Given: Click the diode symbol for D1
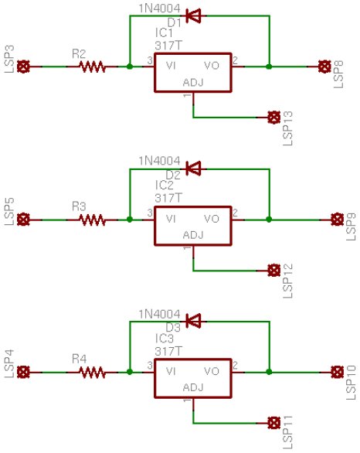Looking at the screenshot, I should click(x=194, y=15).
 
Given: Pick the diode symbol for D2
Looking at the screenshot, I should click(x=194, y=167).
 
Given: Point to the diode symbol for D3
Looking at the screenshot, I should click(x=194, y=319).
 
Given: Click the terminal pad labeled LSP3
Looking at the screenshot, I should click(x=24, y=67).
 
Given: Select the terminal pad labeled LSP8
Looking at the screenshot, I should click(x=324, y=67).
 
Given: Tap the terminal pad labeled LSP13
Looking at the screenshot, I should click(x=273, y=118).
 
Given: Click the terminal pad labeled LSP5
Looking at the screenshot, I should click(x=24, y=220).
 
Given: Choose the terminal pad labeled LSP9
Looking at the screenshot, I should click(x=335, y=220).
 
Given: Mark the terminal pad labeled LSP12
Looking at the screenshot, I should click(x=273, y=270).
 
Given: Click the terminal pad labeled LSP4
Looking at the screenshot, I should click(x=24, y=372).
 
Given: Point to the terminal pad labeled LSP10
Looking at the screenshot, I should click(x=335, y=372).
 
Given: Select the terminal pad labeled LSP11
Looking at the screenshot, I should click(x=273, y=422).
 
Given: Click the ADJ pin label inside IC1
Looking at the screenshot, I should click(x=192, y=82).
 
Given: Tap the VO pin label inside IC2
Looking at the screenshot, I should click(x=212, y=220).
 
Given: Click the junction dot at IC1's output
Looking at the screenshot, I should click(x=268, y=67).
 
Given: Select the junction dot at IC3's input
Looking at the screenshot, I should click(x=129, y=372).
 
